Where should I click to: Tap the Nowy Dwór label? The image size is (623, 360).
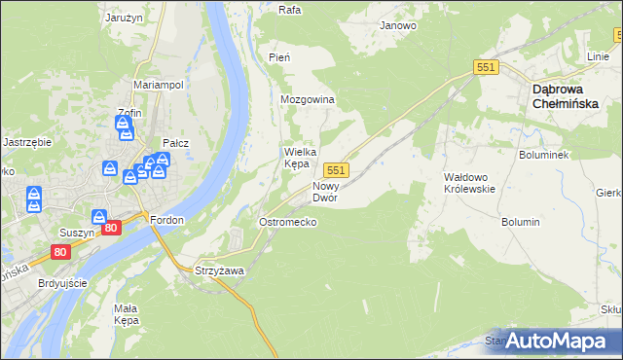tap(325, 191)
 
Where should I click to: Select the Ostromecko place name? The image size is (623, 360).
tap(286, 222)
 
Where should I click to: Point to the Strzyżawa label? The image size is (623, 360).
tap(219, 270)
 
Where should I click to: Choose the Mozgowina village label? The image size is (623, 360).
tap(308, 100)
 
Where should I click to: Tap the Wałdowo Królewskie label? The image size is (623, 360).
tap(470, 183)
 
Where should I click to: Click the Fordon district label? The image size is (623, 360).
tap(166, 220)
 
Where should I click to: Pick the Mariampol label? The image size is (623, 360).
tap(159, 85)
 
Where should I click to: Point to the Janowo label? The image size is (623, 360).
tap(398, 26)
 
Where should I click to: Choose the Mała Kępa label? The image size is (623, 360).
tap(127, 313)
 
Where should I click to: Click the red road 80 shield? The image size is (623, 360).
tap(111, 228)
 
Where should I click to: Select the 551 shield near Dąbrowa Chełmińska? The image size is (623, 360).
tap(487, 66)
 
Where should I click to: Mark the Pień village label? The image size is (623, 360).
tap(279, 57)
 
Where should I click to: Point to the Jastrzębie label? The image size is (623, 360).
tap(27, 141)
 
